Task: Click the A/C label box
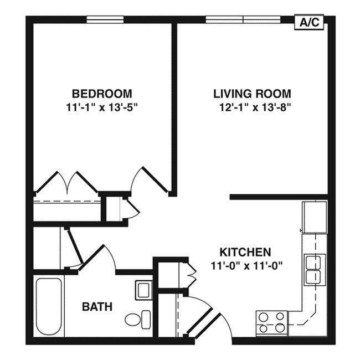(309, 22)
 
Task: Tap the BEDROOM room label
(101, 93)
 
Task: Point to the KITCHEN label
(245, 251)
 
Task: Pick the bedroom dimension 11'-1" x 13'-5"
(101, 106)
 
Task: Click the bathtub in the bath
(48, 306)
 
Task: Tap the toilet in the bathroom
(138, 319)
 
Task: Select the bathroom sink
(143, 290)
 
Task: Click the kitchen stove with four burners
(272, 323)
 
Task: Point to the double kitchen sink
(314, 269)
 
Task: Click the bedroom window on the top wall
(105, 19)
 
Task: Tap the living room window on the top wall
(243, 19)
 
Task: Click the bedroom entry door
(148, 178)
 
